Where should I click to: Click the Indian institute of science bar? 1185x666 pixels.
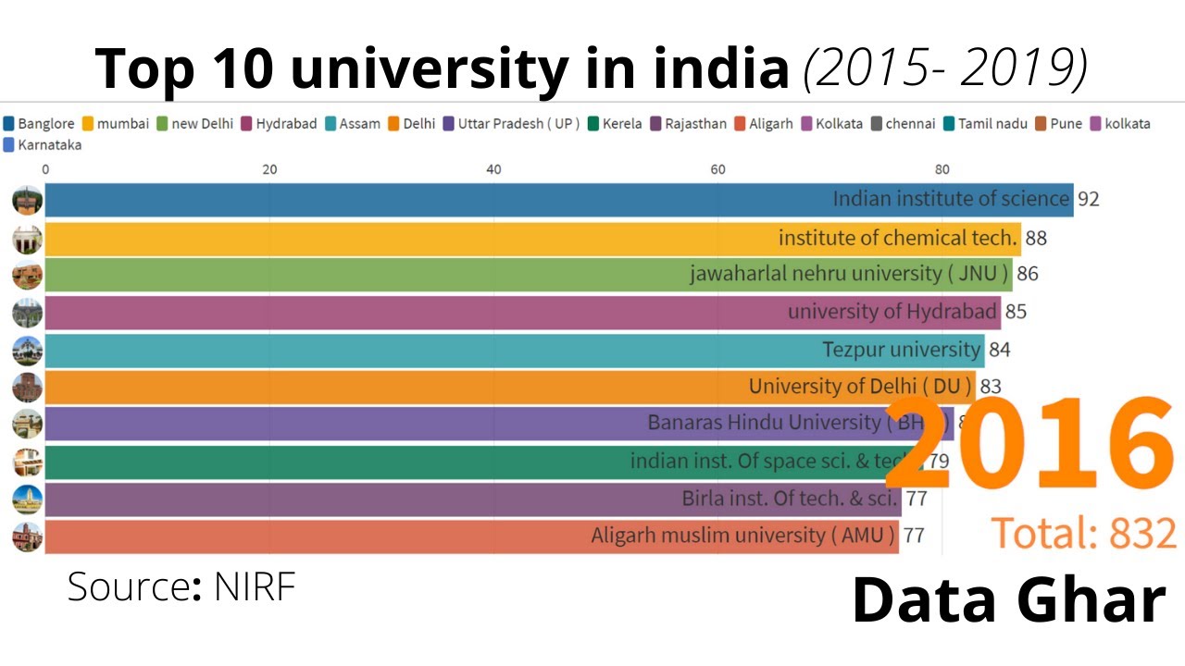pos(463,200)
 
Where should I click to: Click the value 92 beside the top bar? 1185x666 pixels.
pos(1088,200)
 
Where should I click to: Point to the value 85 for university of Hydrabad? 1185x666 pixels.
pos(1016,312)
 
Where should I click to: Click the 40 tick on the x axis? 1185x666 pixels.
pos(493,169)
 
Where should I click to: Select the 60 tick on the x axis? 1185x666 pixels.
pos(717,169)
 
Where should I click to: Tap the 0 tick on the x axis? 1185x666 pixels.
pos(45,169)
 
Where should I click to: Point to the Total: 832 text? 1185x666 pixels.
pos(1084,534)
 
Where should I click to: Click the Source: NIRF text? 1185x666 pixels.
pos(181,587)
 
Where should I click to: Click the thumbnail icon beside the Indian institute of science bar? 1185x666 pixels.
pos(28,201)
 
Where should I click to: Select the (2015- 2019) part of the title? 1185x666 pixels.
pos(944,69)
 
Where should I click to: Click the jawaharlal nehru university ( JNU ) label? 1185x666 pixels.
pos(850,275)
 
